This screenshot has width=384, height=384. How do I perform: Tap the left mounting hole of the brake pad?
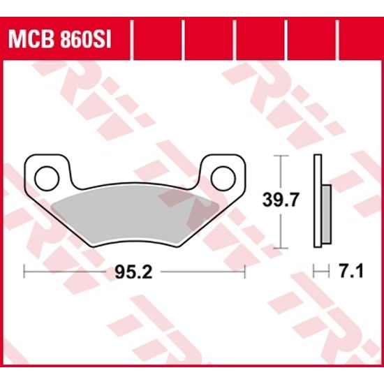[x=47, y=173]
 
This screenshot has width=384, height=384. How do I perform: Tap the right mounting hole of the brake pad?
[x=223, y=172]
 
